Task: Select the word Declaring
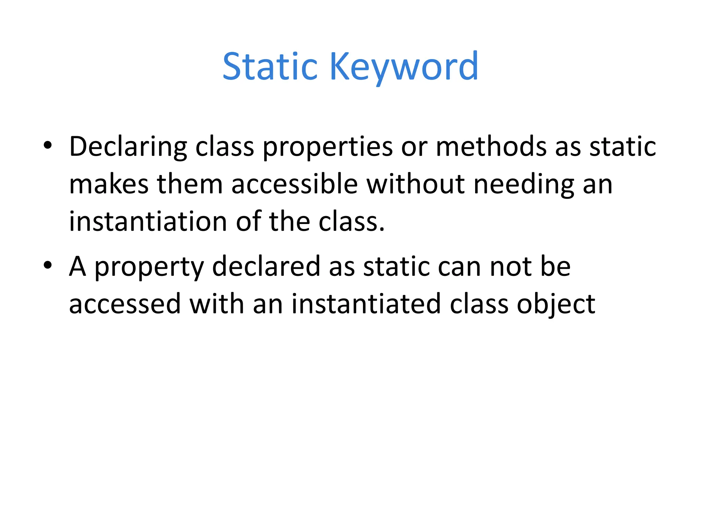(128, 147)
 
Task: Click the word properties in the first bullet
(327, 147)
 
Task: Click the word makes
(109, 184)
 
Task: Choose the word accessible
(295, 184)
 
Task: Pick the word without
(415, 184)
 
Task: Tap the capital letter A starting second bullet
(77, 266)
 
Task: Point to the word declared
(266, 266)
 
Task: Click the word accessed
(125, 304)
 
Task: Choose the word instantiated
(366, 304)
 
